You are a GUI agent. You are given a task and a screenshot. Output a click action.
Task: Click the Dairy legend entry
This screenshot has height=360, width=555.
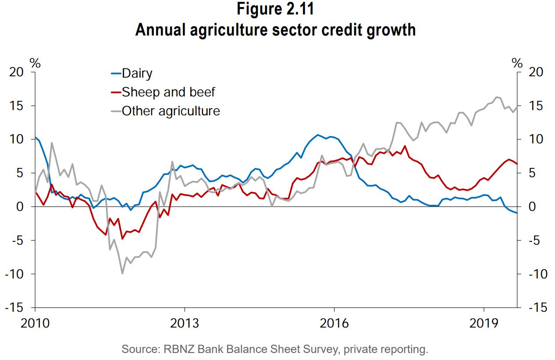(x=137, y=73)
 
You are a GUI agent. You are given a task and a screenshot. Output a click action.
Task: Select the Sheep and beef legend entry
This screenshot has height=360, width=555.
(x=168, y=92)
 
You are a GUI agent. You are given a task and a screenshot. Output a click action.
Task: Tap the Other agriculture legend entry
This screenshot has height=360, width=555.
(x=171, y=110)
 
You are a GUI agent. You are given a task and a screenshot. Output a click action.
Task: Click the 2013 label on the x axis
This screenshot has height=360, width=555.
(x=185, y=324)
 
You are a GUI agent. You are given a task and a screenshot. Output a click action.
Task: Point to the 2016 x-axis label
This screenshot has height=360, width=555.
(x=334, y=324)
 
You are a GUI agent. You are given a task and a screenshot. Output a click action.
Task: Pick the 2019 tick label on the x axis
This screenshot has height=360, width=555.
(x=484, y=324)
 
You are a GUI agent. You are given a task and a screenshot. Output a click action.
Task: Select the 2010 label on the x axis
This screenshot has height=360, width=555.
(x=35, y=324)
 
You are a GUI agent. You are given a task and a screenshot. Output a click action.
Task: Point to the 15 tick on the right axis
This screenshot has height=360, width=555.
(x=535, y=106)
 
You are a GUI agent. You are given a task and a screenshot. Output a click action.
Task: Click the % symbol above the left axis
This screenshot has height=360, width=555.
(x=35, y=64)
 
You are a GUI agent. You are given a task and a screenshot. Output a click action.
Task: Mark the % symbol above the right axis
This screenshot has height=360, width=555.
(x=517, y=64)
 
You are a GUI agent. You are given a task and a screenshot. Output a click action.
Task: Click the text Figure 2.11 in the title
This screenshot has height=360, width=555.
(x=275, y=10)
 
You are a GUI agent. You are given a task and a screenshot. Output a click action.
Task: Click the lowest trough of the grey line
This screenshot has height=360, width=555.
(x=122, y=274)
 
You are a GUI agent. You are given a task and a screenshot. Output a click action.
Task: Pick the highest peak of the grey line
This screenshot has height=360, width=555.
(x=497, y=97)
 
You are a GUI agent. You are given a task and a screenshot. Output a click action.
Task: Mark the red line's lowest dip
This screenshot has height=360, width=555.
(x=122, y=239)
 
